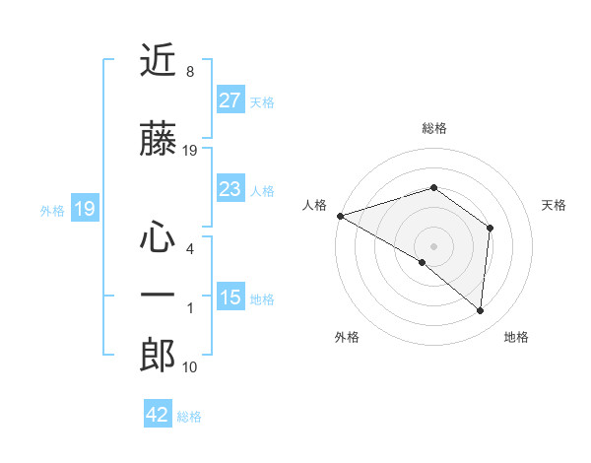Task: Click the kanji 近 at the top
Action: pyautogui.click(x=158, y=61)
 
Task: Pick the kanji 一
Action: pyautogui.click(x=158, y=295)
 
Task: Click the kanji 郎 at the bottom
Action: pyautogui.click(x=158, y=355)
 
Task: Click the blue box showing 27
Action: pyautogui.click(x=230, y=100)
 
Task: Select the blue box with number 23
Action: pyautogui.click(x=230, y=189)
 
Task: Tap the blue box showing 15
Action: pyautogui.click(x=230, y=298)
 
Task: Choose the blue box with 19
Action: pyautogui.click(x=84, y=209)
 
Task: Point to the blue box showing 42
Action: pyautogui.click(x=158, y=415)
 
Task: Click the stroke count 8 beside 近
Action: pyautogui.click(x=189, y=73)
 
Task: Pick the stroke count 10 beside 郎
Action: pyautogui.click(x=190, y=367)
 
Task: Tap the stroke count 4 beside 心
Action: pyautogui.click(x=189, y=249)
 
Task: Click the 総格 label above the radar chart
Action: pyautogui.click(x=433, y=128)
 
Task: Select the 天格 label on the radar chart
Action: pyautogui.click(x=555, y=205)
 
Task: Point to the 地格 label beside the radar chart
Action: pyautogui.click(x=516, y=337)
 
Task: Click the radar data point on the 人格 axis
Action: pyautogui.click(x=340, y=215)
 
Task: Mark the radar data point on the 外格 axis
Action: pyautogui.click(x=423, y=262)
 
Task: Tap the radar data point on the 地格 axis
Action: pyautogui.click(x=481, y=310)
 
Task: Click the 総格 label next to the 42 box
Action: pyautogui.click(x=189, y=417)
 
